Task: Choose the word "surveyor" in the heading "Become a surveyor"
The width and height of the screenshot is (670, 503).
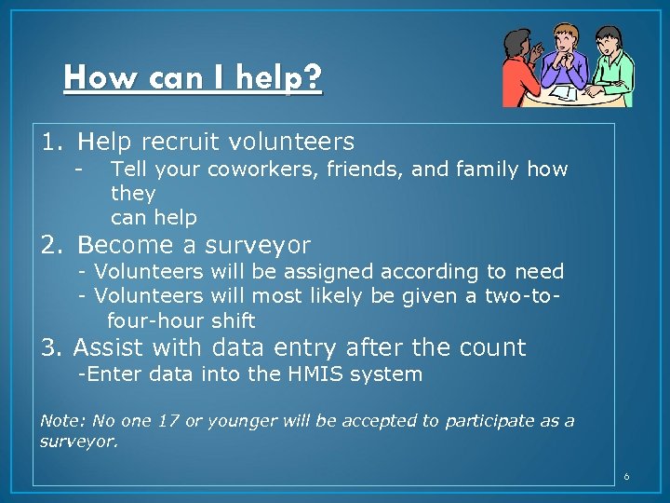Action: click(258, 245)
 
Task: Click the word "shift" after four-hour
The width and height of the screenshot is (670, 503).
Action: click(233, 320)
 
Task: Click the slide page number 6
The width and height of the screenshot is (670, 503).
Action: click(626, 477)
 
